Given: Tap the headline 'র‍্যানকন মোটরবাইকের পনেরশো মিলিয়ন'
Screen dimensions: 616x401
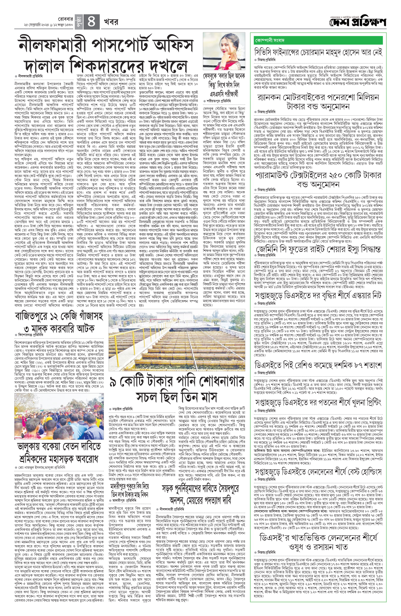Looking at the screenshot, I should coord(318,98).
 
